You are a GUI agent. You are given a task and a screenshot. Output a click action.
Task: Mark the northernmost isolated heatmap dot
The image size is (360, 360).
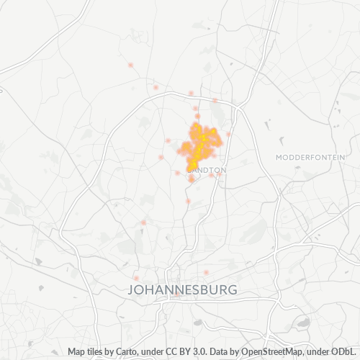coord(130,66)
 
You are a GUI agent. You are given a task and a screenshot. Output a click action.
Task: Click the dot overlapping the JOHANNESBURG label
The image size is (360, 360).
coord(177,294)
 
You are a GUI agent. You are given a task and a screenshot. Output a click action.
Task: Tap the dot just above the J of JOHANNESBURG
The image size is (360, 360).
coord(135,278)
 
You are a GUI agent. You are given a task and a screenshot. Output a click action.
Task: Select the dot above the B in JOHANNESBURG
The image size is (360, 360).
coord(206,272)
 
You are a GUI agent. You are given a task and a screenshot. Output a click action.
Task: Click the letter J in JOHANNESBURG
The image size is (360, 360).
coord(130,289)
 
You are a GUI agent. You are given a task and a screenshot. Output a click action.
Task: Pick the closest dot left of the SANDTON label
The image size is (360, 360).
coord(178,173)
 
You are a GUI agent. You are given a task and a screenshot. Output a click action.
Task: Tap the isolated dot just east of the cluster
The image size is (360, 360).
coord(228,134)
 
